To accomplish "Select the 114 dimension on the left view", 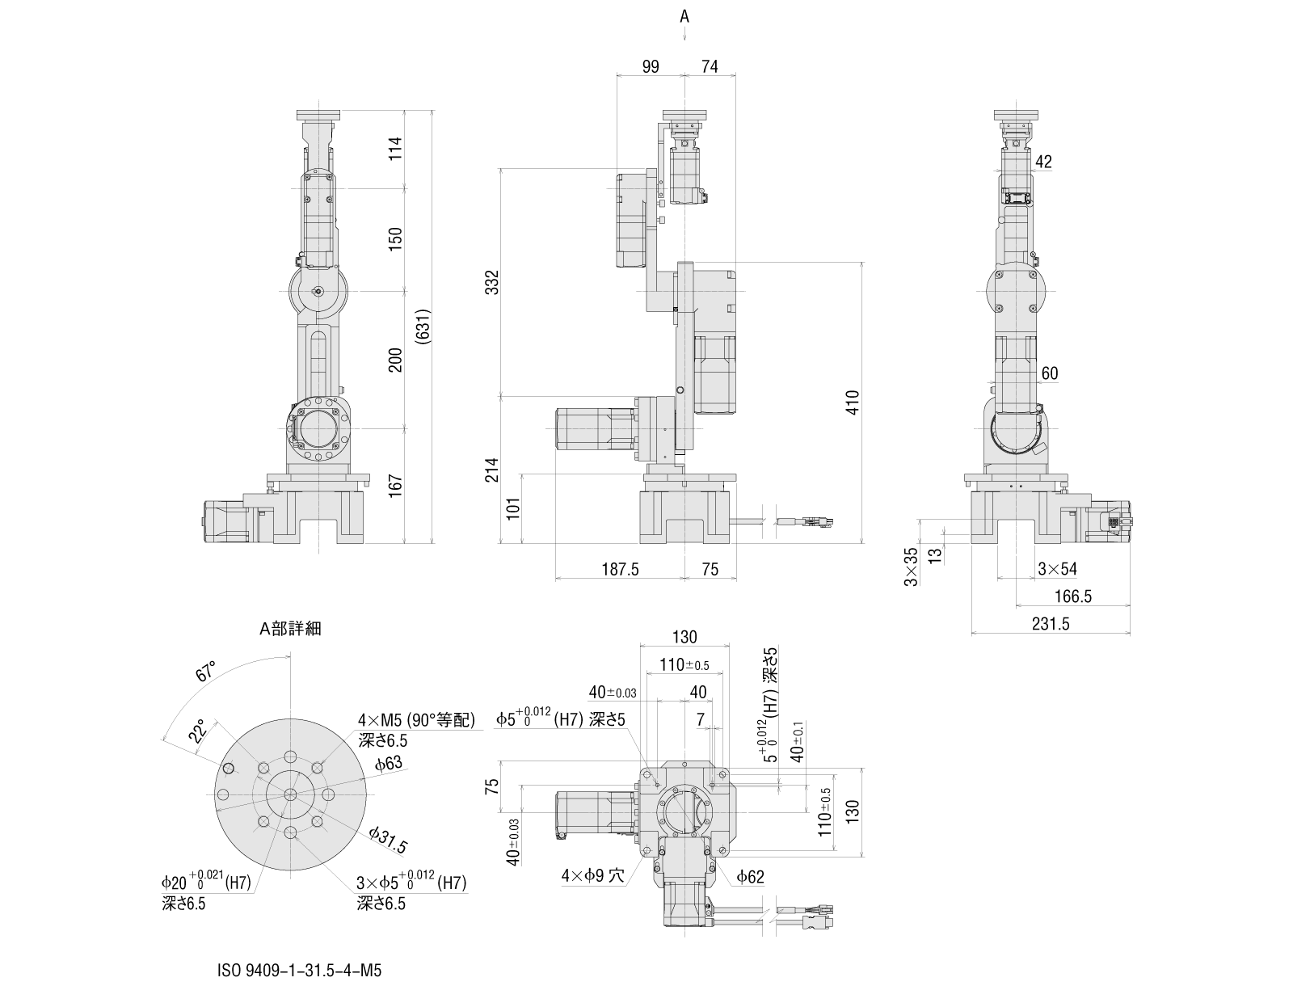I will (395, 149).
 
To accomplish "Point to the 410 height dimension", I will (853, 402).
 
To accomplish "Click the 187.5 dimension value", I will (621, 569).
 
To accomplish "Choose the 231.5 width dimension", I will (1051, 623).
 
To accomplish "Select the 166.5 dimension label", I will (1074, 596).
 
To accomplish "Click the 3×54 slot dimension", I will (1057, 569).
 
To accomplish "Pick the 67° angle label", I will (207, 672).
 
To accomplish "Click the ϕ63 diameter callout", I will (388, 764).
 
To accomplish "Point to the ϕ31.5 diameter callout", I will (388, 841).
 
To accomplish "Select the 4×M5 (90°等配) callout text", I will (417, 720).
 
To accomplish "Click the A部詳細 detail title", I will (289, 628).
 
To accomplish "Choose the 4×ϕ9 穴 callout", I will (594, 875).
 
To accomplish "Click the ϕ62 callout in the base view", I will (750, 876).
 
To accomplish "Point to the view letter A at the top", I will (684, 15).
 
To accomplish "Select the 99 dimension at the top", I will (651, 67).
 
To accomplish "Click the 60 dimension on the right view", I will (1049, 373).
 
